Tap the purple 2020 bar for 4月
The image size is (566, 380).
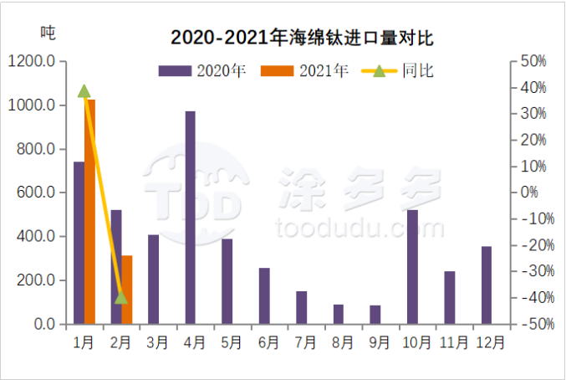[x=190, y=217]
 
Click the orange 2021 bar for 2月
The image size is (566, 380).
[x=127, y=289]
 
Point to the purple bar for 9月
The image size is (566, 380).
[x=375, y=314]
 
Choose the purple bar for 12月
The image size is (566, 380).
[x=487, y=285]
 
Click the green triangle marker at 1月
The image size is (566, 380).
[x=84, y=91]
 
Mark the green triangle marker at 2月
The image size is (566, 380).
[x=121, y=297]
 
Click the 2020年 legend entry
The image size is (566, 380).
[x=201, y=71]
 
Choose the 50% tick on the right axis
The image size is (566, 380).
[x=533, y=62]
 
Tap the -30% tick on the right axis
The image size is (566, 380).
[x=530, y=271]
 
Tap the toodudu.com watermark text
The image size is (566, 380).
[x=359, y=228]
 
